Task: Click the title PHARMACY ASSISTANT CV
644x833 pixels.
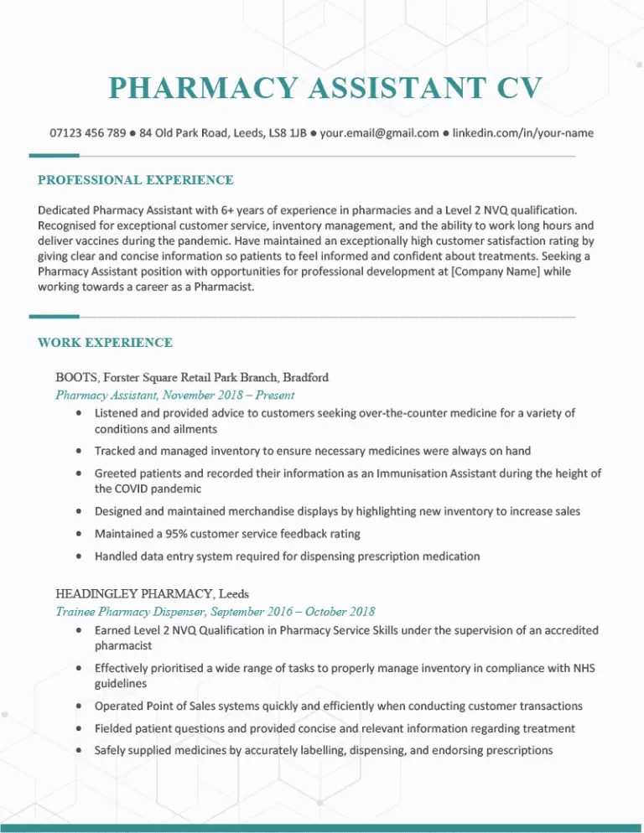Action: [325, 87]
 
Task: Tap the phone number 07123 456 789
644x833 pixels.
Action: [87, 132]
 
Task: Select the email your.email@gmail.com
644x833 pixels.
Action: [379, 132]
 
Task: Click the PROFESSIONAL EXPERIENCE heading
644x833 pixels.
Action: [136, 179]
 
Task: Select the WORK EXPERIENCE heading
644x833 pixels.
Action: [106, 342]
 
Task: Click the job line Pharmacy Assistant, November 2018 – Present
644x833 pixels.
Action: [174, 394]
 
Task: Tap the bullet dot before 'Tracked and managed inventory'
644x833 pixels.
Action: [78, 451]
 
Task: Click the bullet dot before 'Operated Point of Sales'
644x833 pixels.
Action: [78, 706]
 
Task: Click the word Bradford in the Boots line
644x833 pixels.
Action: [307, 376]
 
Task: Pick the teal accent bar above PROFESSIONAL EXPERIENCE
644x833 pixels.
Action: [54, 155]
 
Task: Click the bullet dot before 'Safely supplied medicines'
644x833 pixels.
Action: [78, 750]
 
